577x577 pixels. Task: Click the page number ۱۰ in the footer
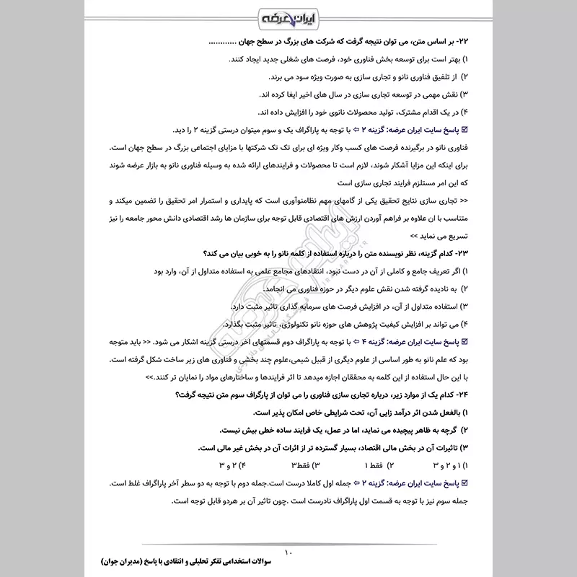click(288, 553)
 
